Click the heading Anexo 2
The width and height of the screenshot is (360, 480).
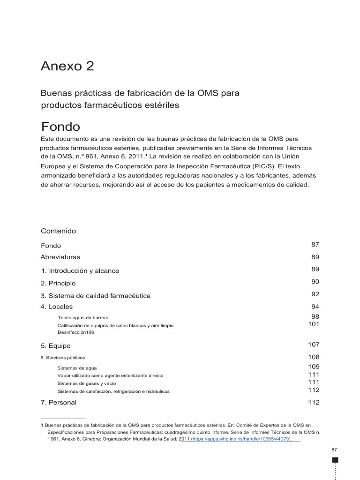(67, 66)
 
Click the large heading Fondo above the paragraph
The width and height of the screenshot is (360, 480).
(60, 127)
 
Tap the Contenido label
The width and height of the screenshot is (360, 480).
(58, 231)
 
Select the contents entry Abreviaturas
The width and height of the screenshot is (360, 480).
(60, 257)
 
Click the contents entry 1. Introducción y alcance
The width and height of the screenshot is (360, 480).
(80, 271)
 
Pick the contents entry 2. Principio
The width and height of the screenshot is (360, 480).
(58, 283)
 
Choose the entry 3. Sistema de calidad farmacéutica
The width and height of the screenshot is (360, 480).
(96, 296)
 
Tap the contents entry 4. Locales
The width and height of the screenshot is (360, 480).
(57, 307)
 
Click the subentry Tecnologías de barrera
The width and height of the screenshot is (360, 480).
(83, 318)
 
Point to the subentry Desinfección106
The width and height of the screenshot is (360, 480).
(76, 332)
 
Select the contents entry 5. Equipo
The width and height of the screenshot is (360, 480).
(56, 346)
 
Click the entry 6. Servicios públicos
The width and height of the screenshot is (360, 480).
(63, 358)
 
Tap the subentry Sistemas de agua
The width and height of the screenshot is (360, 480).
(77, 368)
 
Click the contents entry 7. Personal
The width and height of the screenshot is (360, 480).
(59, 402)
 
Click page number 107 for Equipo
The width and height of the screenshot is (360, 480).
(314, 345)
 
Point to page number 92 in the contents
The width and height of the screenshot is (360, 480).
(315, 294)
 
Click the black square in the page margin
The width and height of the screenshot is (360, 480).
(335, 460)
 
